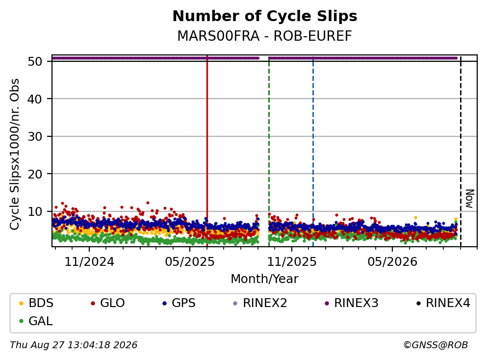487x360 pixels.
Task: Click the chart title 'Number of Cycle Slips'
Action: (x=265, y=16)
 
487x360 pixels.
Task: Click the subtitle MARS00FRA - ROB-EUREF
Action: (x=265, y=36)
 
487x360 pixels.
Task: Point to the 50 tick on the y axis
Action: (x=35, y=61)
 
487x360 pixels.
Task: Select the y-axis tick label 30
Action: (x=35, y=136)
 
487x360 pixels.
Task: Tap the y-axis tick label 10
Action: (x=35, y=211)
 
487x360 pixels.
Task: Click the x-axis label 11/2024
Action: (x=89, y=262)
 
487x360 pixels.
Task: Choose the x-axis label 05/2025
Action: (x=190, y=262)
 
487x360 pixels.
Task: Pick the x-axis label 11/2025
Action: (x=292, y=262)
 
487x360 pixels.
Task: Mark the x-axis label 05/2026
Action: (x=392, y=262)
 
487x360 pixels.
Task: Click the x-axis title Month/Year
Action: (x=265, y=279)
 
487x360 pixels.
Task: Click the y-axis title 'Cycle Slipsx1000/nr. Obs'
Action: (x=14, y=154)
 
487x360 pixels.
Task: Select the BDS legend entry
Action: (x=36, y=303)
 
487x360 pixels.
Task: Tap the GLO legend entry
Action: (x=108, y=303)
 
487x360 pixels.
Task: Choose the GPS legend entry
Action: (x=179, y=303)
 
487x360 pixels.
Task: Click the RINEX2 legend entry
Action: (x=260, y=303)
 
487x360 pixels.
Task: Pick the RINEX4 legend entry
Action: (x=443, y=303)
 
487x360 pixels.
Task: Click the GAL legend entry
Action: (x=36, y=321)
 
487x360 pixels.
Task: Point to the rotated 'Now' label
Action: (x=470, y=199)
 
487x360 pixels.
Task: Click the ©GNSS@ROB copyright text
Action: (x=436, y=345)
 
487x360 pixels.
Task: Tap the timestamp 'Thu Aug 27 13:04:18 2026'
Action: (x=74, y=345)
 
